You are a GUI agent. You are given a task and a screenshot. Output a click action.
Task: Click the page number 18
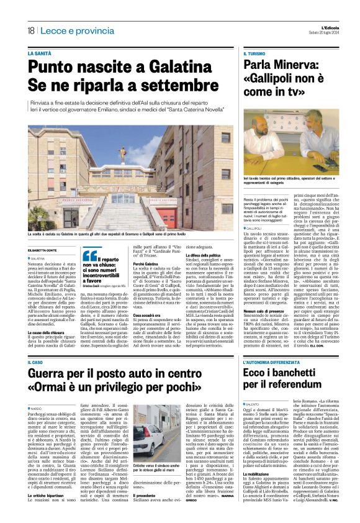point(30,30)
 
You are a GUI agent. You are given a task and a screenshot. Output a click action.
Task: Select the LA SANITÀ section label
point(40,54)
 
